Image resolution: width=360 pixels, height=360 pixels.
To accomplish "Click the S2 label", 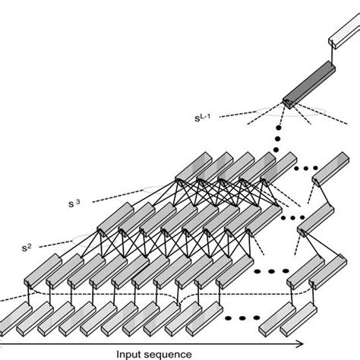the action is [27, 248].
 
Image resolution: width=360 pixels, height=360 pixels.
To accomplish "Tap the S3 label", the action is [74, 204].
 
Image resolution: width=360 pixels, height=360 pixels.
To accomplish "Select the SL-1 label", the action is [202, 118].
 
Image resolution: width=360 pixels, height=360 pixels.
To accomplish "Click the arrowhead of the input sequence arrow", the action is [300, 344].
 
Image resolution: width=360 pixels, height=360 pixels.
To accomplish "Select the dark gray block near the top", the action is [309, 85].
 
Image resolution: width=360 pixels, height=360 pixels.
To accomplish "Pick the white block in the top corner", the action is [345, 31].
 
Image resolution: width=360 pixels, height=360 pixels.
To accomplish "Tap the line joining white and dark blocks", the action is [332, 55].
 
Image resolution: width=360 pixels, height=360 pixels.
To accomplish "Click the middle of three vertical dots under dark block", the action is [277, 139].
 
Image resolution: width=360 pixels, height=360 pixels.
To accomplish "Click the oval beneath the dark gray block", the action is [291, 111].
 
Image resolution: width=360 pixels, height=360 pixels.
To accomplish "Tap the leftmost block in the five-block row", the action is [194, 167].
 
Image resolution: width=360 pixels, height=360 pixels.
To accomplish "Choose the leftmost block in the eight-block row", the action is [115, 219].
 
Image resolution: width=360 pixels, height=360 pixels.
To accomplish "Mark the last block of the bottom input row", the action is [298, 319].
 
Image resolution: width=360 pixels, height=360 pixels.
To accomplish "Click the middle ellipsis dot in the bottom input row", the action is [242, 318].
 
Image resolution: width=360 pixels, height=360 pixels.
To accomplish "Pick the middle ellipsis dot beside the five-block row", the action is [305, 168].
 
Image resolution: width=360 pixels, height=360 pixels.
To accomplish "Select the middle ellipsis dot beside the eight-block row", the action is [293, 217].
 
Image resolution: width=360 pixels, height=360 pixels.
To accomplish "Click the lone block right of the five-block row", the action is [330, 169].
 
